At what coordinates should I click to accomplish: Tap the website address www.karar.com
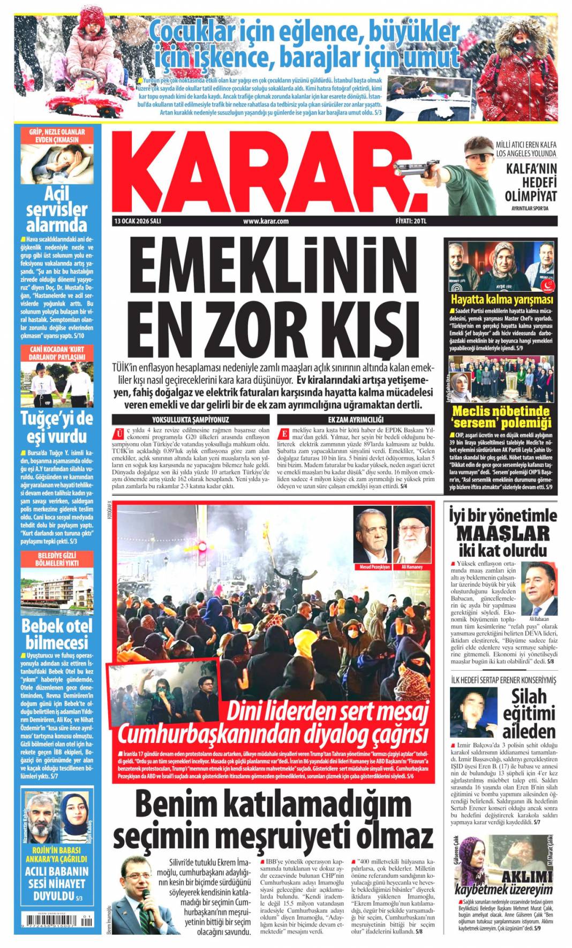(x=266, y=221)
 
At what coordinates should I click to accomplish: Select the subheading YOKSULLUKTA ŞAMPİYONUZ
(x=190, y=420)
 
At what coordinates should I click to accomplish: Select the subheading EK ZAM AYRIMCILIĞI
(x=356, y=420)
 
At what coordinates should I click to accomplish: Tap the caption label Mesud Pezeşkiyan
(x=372, y=567)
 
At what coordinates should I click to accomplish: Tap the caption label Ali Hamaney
(x=412, y=567)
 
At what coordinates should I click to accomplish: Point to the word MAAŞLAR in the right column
(x=503, y=533)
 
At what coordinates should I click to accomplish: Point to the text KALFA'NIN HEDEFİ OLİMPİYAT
(x=523, y=183)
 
